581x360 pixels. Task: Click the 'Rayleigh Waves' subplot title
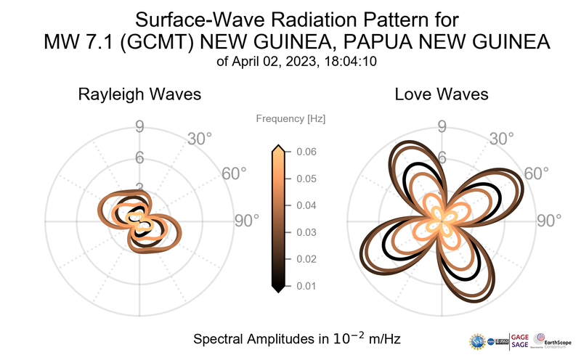click(x=139, y=94)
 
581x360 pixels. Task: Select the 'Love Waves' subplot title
click(x=442, y=94)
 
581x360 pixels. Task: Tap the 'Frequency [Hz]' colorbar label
click(x=291, y=118)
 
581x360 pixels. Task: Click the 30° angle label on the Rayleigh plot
click(x=200, y=138)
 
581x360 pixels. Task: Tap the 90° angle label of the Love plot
click(x=550, y=221)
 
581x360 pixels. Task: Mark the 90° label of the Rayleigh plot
click(x=247, y=221)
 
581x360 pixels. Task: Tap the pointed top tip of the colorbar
click(x=277, y=147)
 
